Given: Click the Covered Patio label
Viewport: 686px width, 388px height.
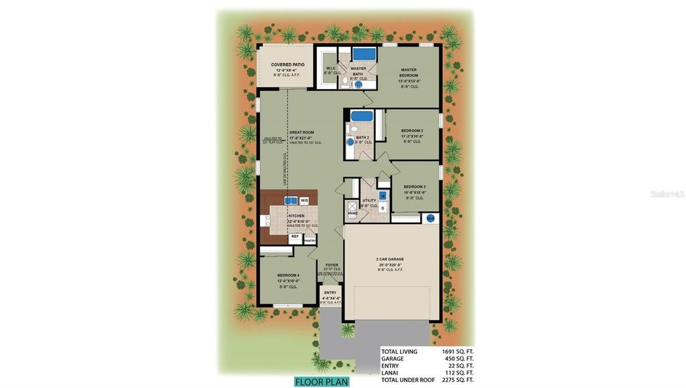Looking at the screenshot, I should pyautogui.click(x=288, y=65).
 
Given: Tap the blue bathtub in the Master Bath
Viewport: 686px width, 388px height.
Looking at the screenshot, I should pyautogui.click(x=364, y=54).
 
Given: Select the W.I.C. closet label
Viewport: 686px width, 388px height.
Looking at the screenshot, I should pyautogui.click(x=330, y=68).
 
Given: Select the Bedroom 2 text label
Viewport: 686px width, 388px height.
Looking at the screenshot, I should pyautogui.click(x=411, y=130).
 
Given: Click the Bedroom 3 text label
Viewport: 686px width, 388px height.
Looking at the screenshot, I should pyautogui.click(x=413, y=187).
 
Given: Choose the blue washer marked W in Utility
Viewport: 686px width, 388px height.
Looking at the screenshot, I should pyautogui.click(x=383, y=196).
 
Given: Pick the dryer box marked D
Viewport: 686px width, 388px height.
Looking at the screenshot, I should pyautogui.click(x=383, y=208).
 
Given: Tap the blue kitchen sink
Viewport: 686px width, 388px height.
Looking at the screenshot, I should pyautogui.click(x=291, y=199).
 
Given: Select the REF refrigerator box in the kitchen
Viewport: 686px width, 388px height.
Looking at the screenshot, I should pyautogui.click(x=294, y=236).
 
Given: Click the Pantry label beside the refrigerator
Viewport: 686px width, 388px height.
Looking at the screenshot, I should pyautogui.click(x=310, y=239).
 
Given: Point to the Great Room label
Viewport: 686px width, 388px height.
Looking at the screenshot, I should pyautogui.click(x=301, y=132).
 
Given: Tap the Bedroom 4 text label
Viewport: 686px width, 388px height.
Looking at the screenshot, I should pyautogui.click(x=289, y=275).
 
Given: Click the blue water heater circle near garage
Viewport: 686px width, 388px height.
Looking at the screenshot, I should pyautogui.click(x=430, y=218).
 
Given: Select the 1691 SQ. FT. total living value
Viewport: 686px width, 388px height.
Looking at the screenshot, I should pyautogui.click(x=458, y=351).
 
